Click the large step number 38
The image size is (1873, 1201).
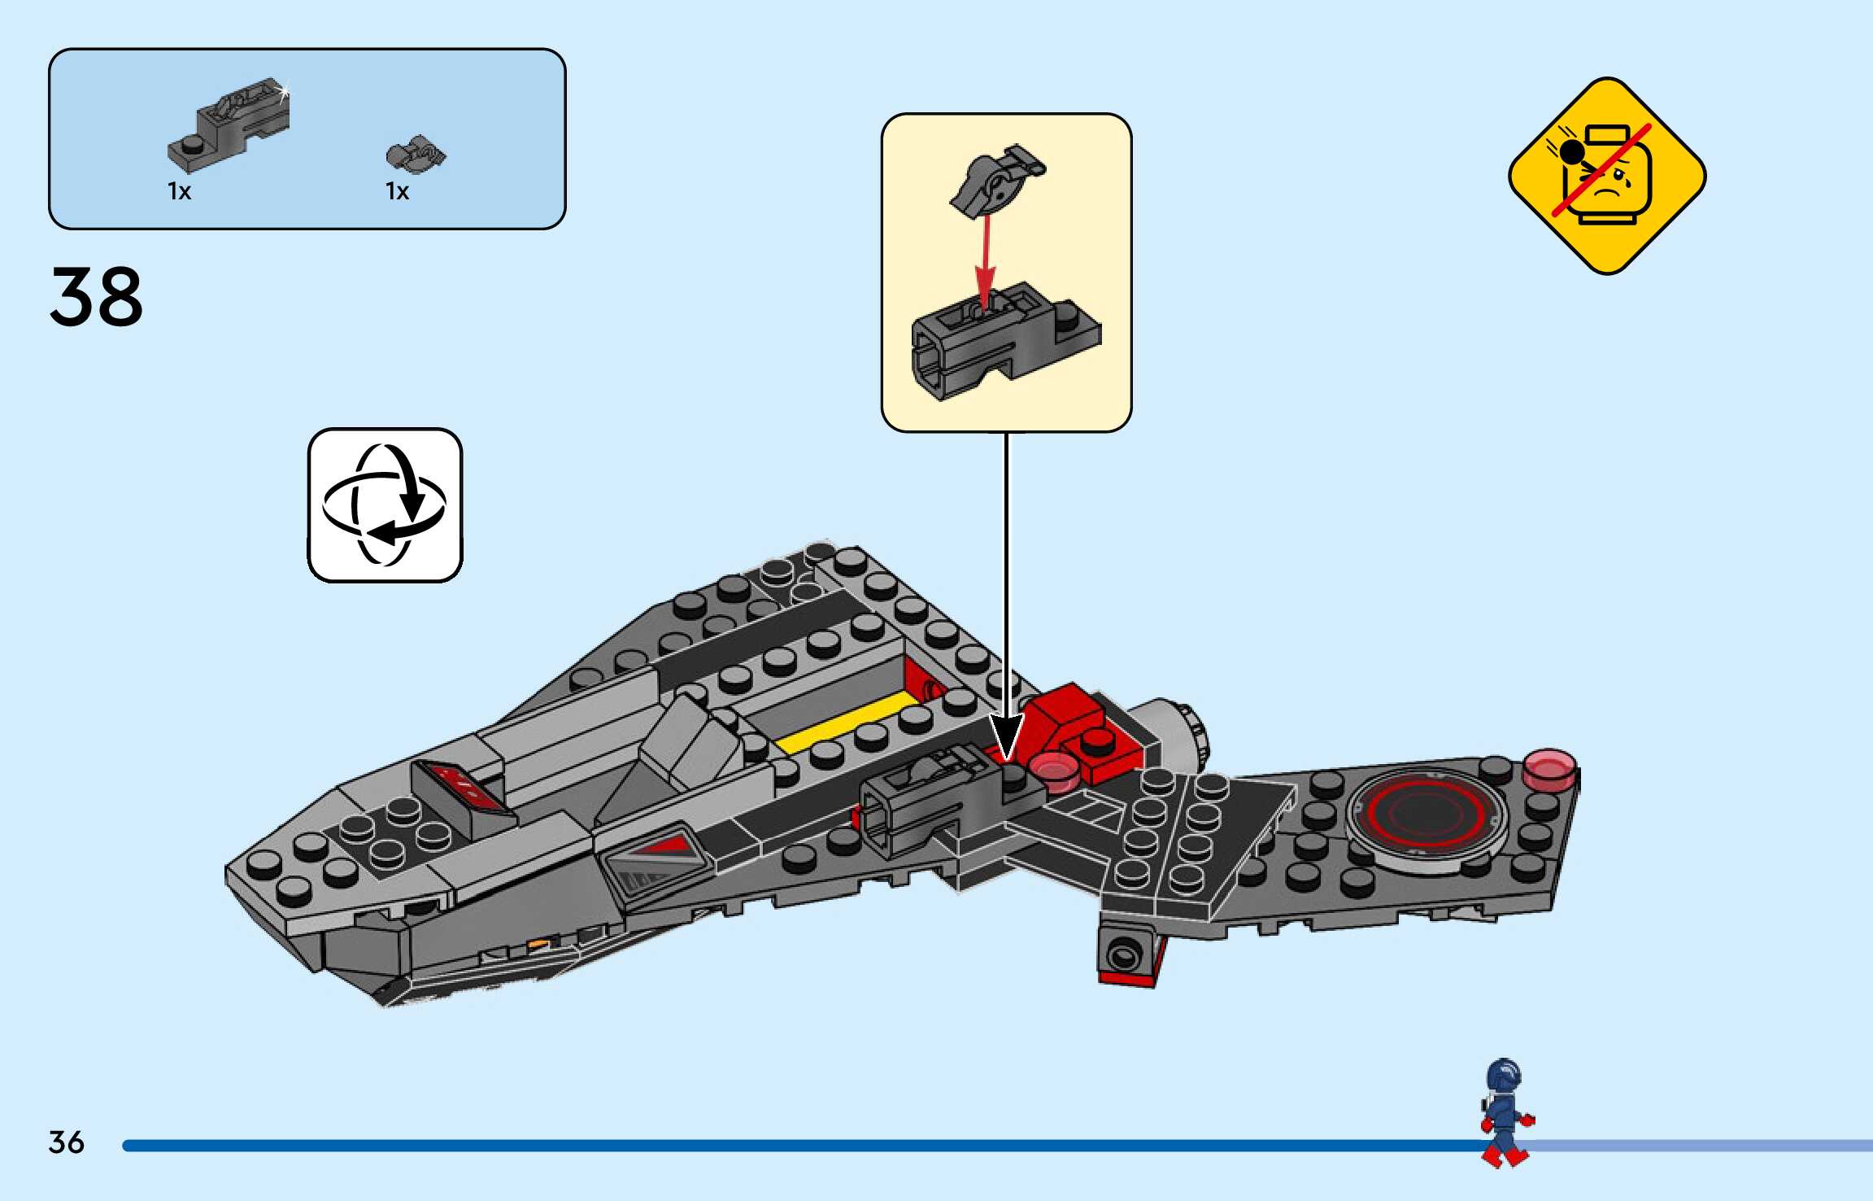click(96, 297)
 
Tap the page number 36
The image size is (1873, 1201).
click(66, 1142)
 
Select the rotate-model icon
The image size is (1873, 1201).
click(385, 504)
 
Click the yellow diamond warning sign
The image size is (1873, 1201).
click(1606, 176)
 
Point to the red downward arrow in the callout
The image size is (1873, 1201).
click(986, 260)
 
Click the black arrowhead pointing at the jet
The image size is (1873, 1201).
click(1006, 736)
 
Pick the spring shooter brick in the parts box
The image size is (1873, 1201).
click(230, 126)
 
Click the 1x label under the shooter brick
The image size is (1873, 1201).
click(179, 192)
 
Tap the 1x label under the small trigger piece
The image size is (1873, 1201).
click(397, 192)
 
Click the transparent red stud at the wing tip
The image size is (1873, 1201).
click(1549, 770)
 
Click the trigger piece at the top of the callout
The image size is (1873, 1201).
click(997, 181)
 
